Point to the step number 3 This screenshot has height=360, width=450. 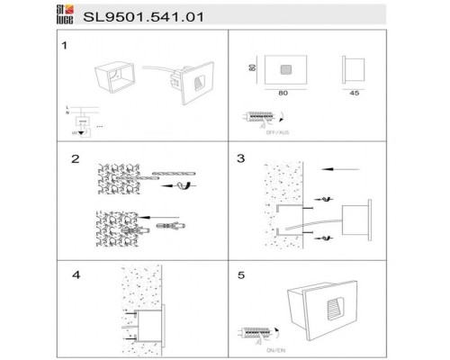click(x=241, y=159)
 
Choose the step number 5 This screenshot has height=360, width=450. click(x=241, y=274)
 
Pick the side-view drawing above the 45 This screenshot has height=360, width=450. click(x=354, y=69)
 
